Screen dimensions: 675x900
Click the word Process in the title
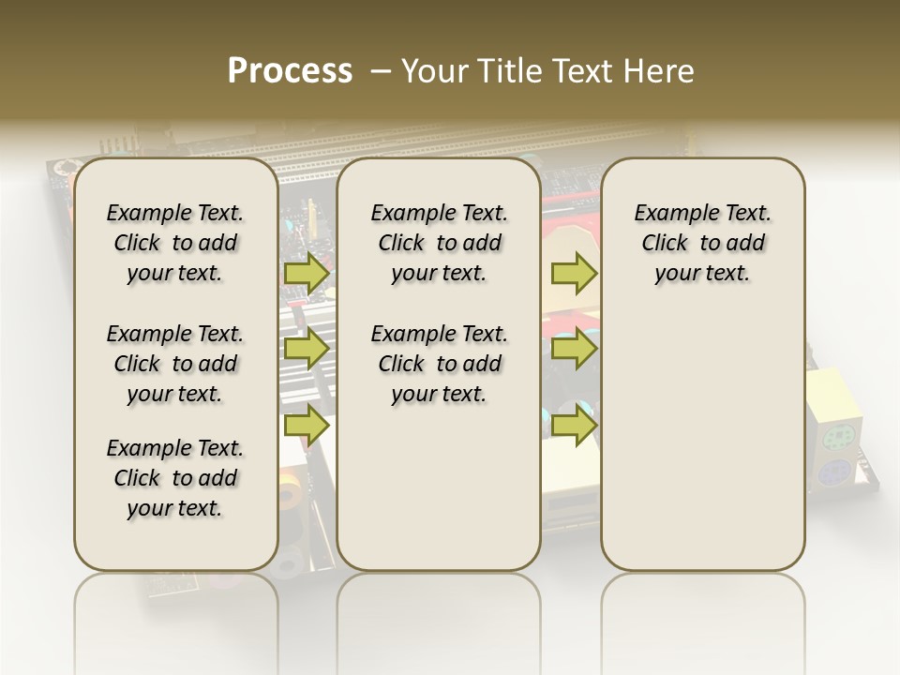click(290, 71)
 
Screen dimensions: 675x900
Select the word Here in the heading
click(659, 71)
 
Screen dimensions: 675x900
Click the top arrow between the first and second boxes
click(307, 274)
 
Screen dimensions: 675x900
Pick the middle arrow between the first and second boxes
click(307, 350)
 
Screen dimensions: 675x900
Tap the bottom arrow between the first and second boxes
click(307, 425)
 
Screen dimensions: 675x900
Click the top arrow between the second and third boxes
click(574, 274)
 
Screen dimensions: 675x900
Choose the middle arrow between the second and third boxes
click(574, 350)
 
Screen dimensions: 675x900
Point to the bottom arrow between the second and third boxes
click(574, 425)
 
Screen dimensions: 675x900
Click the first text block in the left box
click(175, 243)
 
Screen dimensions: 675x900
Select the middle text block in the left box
click(175, 364)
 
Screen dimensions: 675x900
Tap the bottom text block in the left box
click(175, 478)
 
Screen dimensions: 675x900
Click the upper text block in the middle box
click(439, 243)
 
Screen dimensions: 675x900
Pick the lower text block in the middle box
click(439, 364)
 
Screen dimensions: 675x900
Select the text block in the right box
click(703, 243)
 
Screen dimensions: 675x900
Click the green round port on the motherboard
click(835, 439)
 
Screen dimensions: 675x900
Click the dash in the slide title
click(381, 71)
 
